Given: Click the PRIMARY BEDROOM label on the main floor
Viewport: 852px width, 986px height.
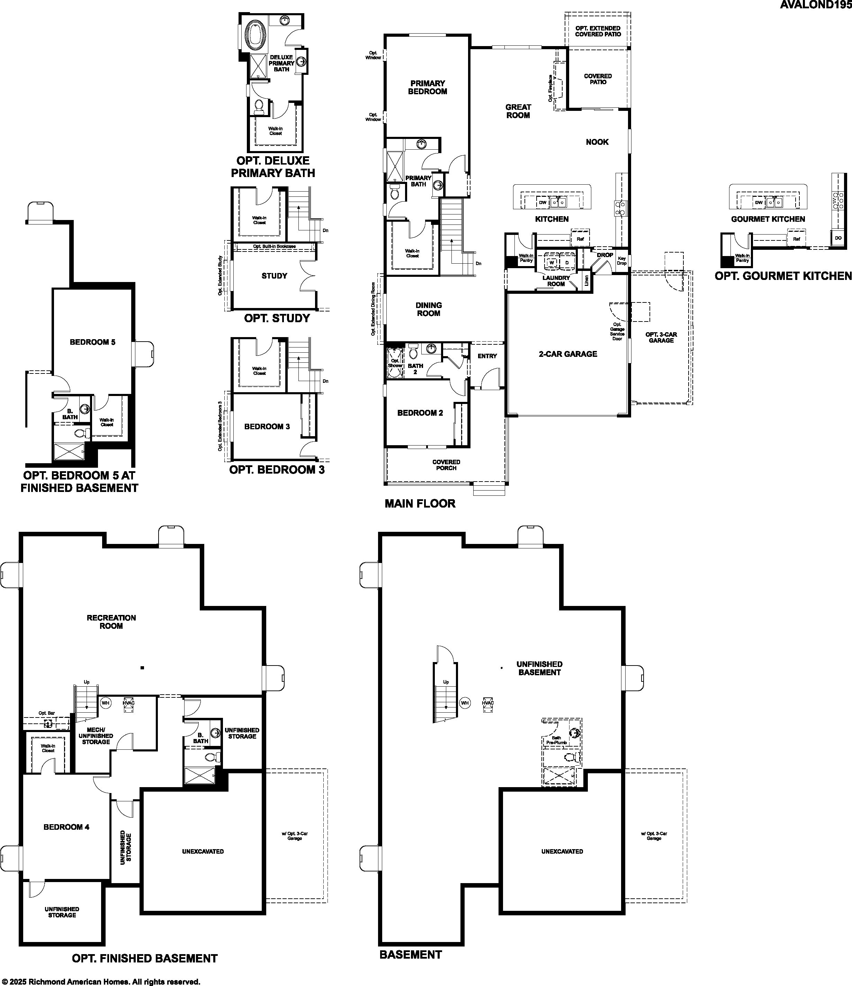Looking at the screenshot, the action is tap(428, 87).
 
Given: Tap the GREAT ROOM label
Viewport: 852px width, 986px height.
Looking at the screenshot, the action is tap(518, 111).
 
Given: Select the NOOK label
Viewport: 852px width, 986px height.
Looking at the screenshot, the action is tap(597, 142).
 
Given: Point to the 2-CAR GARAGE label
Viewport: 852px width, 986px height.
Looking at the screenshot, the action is tap(568, 354).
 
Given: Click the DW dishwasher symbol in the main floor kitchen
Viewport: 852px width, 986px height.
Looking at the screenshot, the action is tap(542, 202).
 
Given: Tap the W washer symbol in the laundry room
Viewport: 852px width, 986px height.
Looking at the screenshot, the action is tap(552, 262).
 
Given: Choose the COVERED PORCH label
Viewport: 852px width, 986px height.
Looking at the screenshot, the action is tap(446, 465).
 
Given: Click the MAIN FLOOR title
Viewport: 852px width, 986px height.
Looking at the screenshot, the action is tap(420, 503).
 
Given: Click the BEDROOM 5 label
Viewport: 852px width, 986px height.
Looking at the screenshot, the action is tap(92, 342).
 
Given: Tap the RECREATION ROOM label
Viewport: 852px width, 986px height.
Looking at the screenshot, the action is tap(111, 622).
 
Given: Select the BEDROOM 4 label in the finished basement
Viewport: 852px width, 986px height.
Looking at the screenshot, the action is tap(66, 827).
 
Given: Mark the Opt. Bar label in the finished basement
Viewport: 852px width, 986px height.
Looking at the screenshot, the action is tap(47, 713).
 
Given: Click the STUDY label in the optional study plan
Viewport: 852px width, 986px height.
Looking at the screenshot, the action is tap(274, 275).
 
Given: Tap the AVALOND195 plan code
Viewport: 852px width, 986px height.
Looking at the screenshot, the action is tap(815, 5).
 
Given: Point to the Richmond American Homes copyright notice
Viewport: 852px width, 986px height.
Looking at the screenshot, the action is tap(101, 981).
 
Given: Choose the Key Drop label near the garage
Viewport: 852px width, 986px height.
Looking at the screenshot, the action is tap(622, 261).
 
